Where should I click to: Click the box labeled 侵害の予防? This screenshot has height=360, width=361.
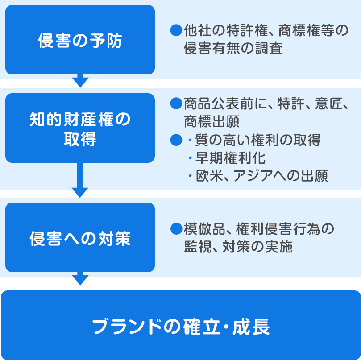(x=80, y=40)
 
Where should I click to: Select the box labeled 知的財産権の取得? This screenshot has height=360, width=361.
(x=80, y=128)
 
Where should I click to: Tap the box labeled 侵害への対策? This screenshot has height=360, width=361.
(x=80, y=237)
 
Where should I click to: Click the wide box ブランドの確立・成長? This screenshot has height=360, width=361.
(x=180, y=325)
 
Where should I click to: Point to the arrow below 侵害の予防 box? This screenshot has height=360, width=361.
(x=80, y=81)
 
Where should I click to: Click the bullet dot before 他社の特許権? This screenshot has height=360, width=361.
(x=175, y=31)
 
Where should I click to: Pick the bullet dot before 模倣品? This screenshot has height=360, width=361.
(x=175, y=229)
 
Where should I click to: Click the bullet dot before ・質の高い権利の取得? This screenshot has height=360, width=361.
(x=175, y=140)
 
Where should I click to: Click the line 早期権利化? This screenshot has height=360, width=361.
(x=230, y=158)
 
